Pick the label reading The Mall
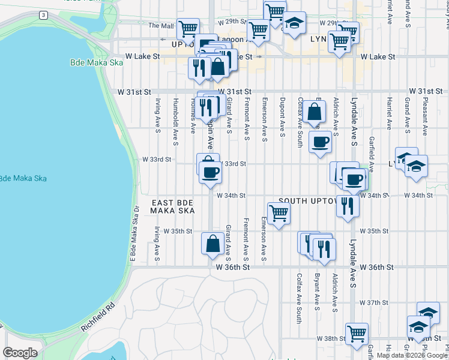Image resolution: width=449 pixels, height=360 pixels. point(160,26)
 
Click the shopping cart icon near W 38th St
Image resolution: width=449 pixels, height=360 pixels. point(357,333)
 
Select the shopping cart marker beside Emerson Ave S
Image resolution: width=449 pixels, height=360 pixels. point(278,212)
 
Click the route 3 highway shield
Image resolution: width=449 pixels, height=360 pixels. point(43,14)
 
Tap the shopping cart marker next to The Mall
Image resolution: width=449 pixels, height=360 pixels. point(188,28)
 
